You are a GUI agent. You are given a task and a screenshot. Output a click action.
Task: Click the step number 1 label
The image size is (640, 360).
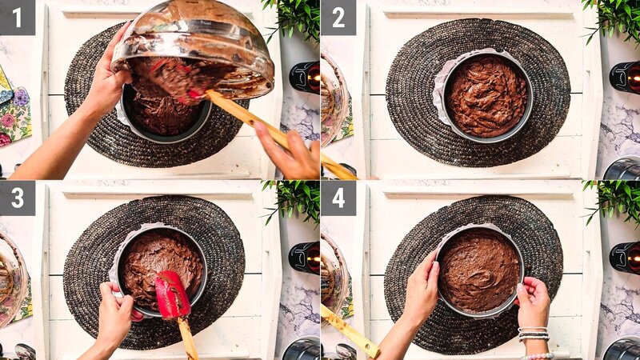17,17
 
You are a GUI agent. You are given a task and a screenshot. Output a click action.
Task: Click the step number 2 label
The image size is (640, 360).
338,17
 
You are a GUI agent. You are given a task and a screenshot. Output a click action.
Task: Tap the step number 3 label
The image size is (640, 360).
17,198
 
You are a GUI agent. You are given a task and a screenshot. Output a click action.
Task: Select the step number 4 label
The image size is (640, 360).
338,198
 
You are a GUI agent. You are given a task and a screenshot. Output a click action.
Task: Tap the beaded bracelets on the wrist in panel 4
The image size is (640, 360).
534,334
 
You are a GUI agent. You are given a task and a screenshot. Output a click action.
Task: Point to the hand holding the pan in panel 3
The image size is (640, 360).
116,316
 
